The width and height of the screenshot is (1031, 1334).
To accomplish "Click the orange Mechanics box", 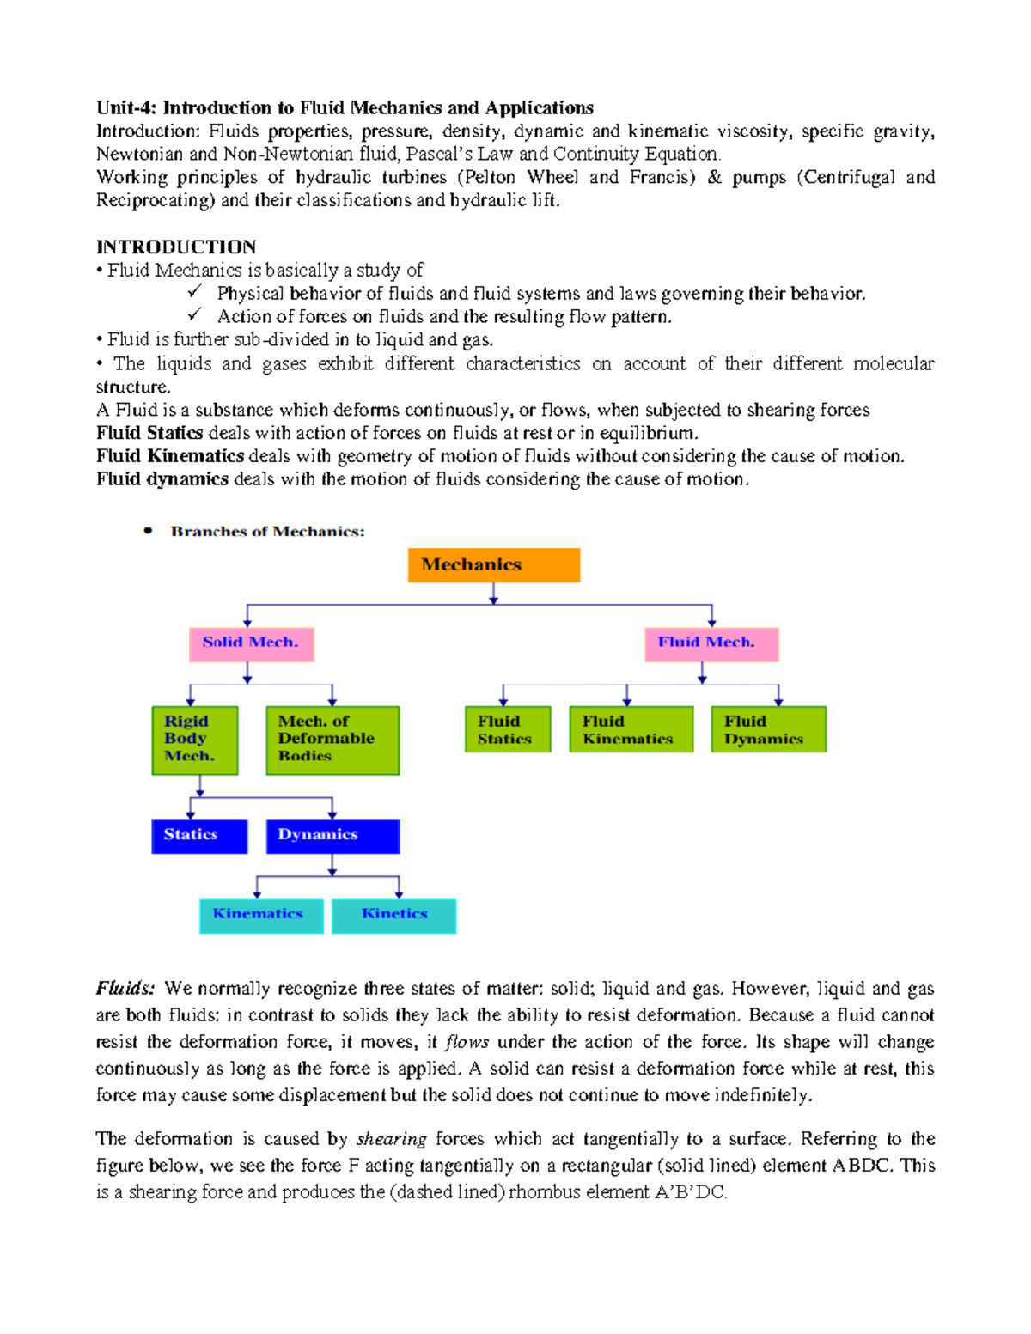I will [493, 565].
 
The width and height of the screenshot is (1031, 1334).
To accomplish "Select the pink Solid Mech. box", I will [252, 643].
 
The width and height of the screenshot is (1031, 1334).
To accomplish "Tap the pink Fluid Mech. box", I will [711, 643].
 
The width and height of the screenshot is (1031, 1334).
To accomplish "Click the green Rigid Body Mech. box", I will [195, 740].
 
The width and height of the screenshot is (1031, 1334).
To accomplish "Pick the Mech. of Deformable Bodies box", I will [332, 740].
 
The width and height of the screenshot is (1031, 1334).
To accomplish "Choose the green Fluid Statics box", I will [508, 729].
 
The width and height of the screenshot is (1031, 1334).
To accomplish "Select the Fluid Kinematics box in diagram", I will [631, 729].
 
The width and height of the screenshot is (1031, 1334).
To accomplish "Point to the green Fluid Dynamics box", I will [768, 729].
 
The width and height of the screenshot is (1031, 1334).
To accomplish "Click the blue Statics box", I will [199, 836].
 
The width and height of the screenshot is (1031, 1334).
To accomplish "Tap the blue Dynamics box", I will [332, 836].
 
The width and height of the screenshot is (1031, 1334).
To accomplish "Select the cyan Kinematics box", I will [261, 916].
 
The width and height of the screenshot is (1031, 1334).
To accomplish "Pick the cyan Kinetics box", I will [393, 916].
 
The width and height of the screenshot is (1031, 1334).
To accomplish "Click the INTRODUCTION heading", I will [176, 247].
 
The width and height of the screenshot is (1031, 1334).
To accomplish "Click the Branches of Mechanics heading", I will [267, 532].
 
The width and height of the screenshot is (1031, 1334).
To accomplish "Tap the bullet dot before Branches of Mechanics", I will [149, 531].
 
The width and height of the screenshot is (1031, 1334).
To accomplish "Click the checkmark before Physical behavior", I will [194, 292].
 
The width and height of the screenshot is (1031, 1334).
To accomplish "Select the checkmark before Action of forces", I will [194, 315].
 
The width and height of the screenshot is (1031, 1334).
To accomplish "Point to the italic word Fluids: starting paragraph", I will [125, 989].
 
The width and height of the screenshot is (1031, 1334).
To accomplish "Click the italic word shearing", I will [391, 1139].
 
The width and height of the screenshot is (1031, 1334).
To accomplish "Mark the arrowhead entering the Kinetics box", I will [399, 894].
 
